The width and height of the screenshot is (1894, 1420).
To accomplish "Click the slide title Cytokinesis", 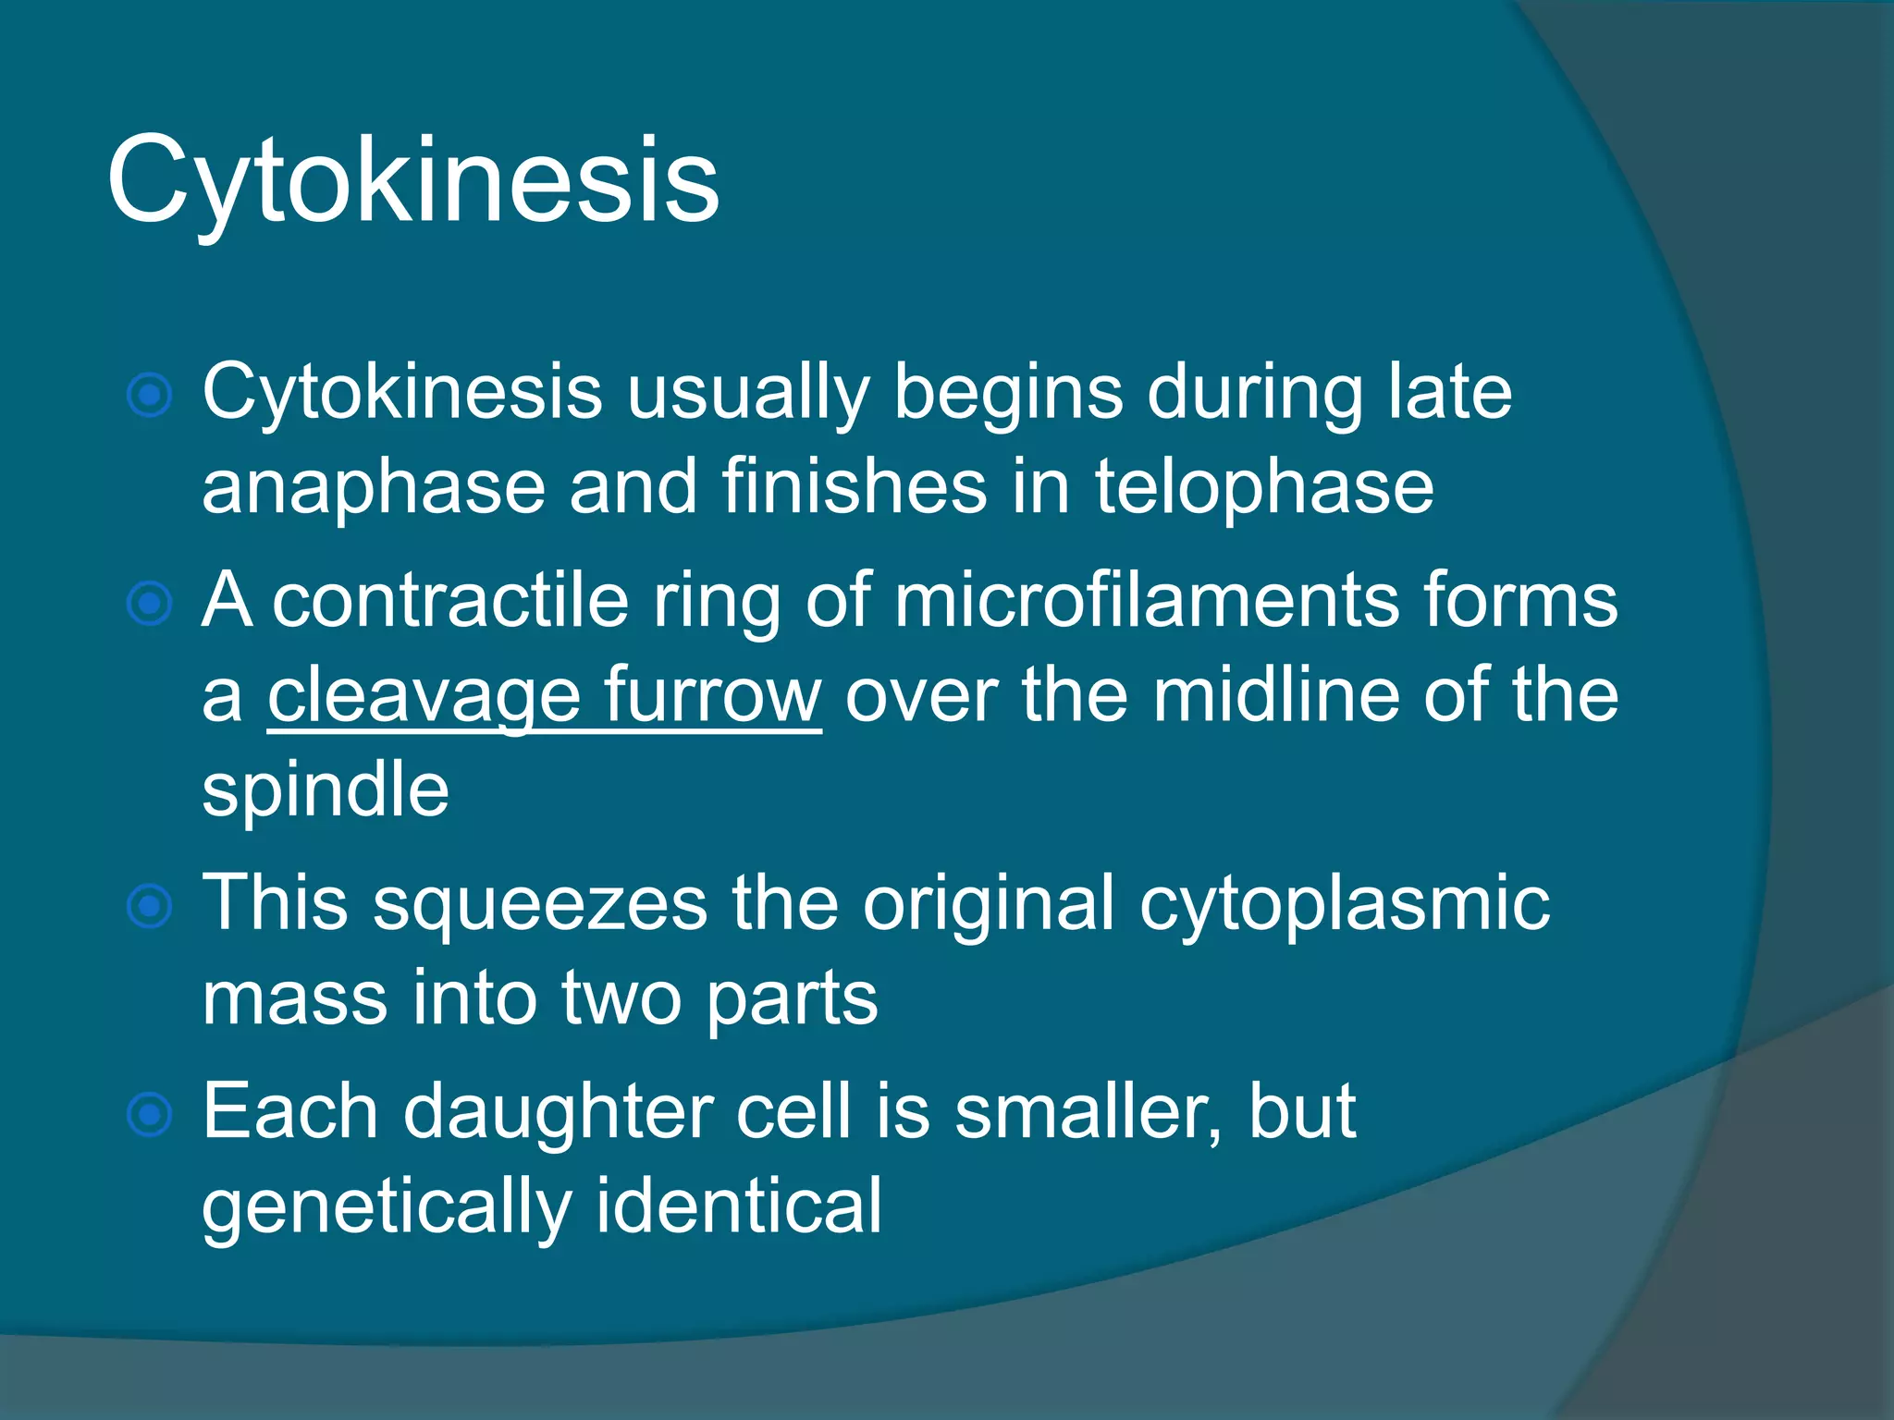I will tap(412, 180).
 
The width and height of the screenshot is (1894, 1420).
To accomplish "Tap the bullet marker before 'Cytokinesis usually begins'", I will tap(150, 396).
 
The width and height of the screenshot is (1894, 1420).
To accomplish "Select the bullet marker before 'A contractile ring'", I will tap(150, 604).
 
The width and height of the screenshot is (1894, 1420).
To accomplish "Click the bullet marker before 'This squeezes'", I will tap(150, 905).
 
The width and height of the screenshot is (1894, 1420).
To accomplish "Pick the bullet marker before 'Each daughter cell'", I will tap(150, 1114).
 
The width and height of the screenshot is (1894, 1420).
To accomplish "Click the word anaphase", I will tap(374, 488).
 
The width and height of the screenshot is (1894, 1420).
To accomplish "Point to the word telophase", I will tap(1263, 488).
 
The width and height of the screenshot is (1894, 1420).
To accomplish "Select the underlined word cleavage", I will tap(424, 696).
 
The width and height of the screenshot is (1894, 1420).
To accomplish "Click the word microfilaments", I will tap(1146, 601).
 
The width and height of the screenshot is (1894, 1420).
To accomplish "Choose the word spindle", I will tap(326, 791).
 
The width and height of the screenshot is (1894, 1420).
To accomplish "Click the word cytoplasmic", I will tap(1344, 904).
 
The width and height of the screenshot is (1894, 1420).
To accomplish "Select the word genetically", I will tap(387, 1207).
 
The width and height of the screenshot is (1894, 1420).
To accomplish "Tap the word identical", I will tap(738, 1206).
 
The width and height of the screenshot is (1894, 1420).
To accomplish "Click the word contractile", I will tap(450, 601).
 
